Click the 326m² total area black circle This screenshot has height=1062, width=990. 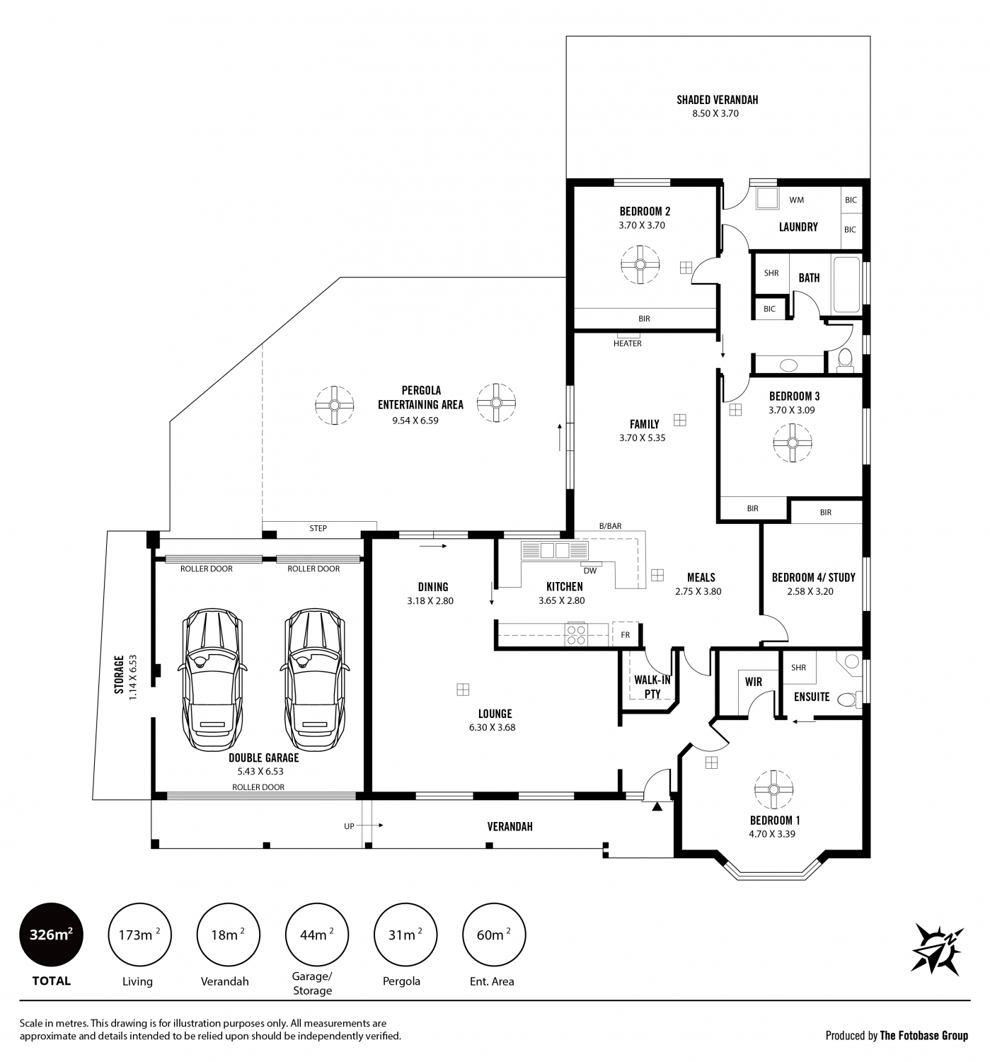pos(51,935)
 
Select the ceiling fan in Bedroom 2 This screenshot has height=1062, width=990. pos(639,264)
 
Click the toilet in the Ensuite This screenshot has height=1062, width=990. pos(848,699)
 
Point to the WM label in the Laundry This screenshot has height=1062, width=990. pos(796,200)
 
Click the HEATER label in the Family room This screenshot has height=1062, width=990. pos(627,343)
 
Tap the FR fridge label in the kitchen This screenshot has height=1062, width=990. pos(625,635)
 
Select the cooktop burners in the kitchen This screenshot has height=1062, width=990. pos(576,634)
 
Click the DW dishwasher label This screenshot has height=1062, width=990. pos(589,571)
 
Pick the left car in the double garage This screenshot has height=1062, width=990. pos(212,679)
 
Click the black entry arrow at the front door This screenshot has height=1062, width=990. pos(657,806)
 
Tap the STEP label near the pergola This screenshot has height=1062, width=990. pos(318,528)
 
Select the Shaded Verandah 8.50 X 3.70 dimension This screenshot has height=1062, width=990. pos(715,113)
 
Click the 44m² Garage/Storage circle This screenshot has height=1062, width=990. pos(316,935)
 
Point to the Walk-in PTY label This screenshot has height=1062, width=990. pos(652,687)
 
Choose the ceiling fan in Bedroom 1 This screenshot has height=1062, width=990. pos(773,790)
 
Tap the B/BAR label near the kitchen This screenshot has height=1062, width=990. pos(610,526)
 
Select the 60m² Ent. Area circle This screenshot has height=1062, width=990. pos(493,935)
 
